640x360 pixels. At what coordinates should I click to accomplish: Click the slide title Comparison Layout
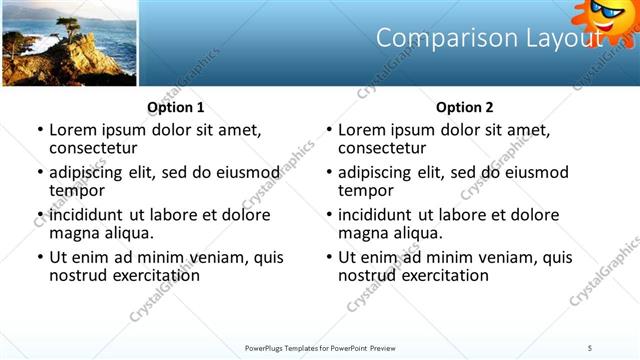489,38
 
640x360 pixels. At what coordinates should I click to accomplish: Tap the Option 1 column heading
176,107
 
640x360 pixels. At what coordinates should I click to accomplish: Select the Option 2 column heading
465,107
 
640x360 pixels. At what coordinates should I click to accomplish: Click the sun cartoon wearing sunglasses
607,17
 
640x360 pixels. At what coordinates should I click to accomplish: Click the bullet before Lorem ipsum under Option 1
39,131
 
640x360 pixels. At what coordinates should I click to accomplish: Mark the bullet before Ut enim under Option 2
328,258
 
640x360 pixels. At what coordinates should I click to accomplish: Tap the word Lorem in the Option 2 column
361,130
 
